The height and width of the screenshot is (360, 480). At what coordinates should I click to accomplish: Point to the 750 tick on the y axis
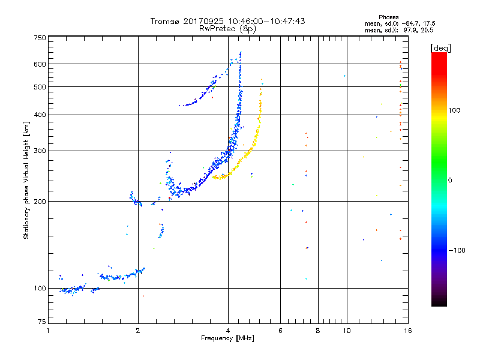(40, 38)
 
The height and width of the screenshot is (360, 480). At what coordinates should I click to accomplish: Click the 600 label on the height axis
(40, 64)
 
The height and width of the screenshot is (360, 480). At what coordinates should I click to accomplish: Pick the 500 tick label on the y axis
(40, 87)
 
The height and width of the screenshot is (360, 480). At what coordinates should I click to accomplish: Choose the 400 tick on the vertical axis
(40, 115)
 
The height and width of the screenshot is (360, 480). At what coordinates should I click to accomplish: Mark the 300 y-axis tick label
(40, 151)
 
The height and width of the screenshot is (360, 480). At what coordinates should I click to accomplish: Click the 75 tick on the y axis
(41, 324)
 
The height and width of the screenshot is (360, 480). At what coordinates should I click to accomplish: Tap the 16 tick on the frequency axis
(407, 331)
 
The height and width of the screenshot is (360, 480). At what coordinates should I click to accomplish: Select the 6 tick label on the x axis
(280, 331)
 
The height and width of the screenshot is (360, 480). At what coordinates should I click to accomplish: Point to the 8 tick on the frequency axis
(318, 331)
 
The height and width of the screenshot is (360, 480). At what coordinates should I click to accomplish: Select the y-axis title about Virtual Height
(26, 180)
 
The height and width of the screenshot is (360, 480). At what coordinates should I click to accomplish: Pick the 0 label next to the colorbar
(451, 180)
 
